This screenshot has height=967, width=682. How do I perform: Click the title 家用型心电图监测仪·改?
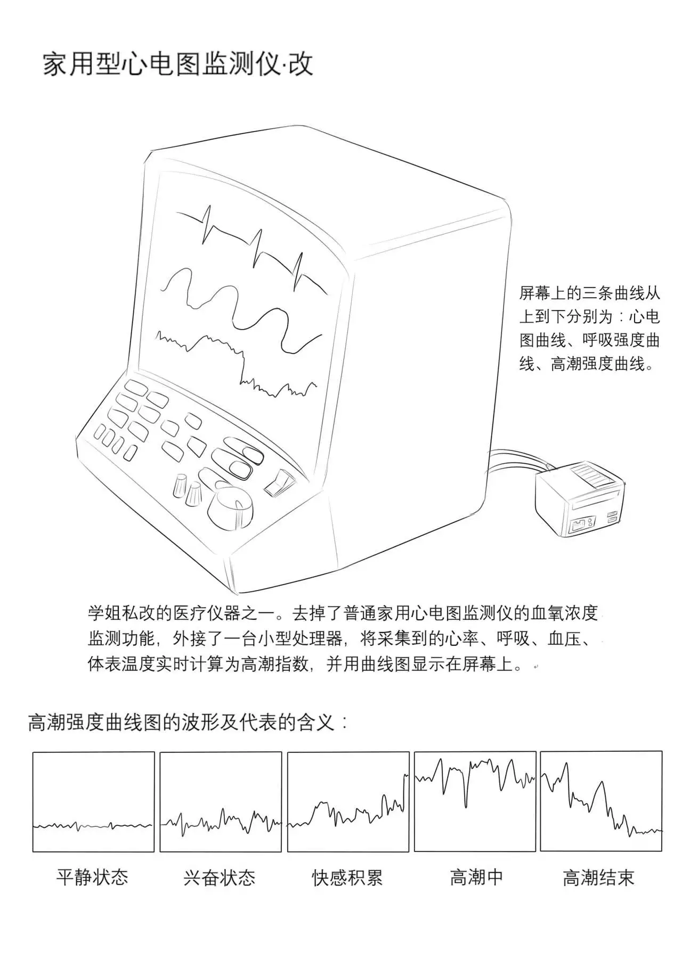click(x=177, y=64)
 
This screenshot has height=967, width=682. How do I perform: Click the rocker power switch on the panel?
click(x=279, y=481)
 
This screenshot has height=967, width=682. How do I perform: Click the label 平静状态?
click(x=93, y=876)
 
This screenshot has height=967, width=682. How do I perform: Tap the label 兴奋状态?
click(x=220, y=876)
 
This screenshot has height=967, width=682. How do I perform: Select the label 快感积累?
click(x=347, y=876)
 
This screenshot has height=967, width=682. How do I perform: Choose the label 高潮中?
click(x=476, y=876)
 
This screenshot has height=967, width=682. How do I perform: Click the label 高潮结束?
click(x=599, y=876)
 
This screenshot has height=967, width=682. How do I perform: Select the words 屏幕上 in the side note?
click(x=543, y=293)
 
